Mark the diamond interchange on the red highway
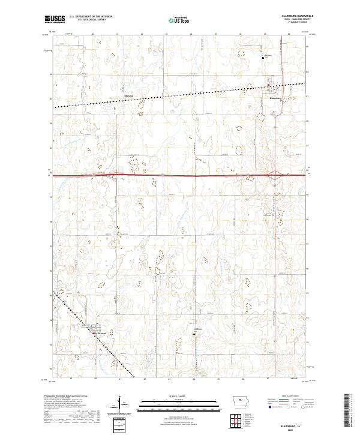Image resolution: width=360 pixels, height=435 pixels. pyautogui.click(x=274, y=175)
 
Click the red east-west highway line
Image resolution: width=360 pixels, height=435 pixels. pyautogui.click(x=180, y=175)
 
